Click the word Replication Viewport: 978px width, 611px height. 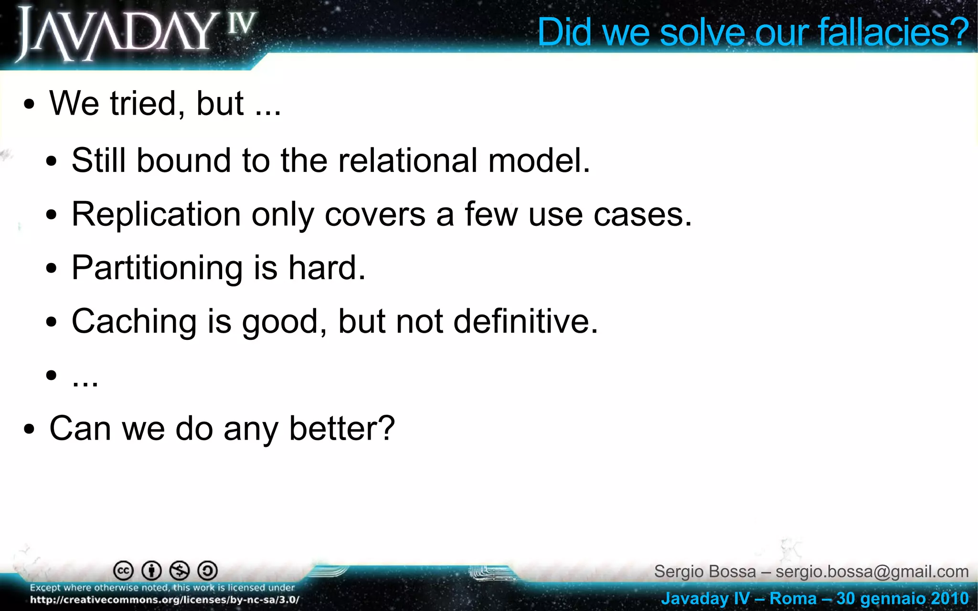click(x=156, y=214)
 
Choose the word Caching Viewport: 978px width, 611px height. click(x=134, y=321)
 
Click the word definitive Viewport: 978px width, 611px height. click(x=525, y=321)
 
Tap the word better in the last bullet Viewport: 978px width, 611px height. click(x=341, y=428)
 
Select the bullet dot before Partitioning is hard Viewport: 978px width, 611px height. click(x=52, y=269)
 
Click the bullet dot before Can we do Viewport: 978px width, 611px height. click(x=29, y=429)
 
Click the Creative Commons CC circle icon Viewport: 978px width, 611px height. click(x=123, y=570)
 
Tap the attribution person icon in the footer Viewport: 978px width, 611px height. click(x=152, y=570)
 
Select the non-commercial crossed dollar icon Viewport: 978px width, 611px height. click(x=180, y=570)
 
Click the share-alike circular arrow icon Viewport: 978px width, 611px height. click(x=208, y=570)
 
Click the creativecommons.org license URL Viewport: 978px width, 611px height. click(x=165, y=600)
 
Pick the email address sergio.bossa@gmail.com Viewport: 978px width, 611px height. click(x=872, y=571)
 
